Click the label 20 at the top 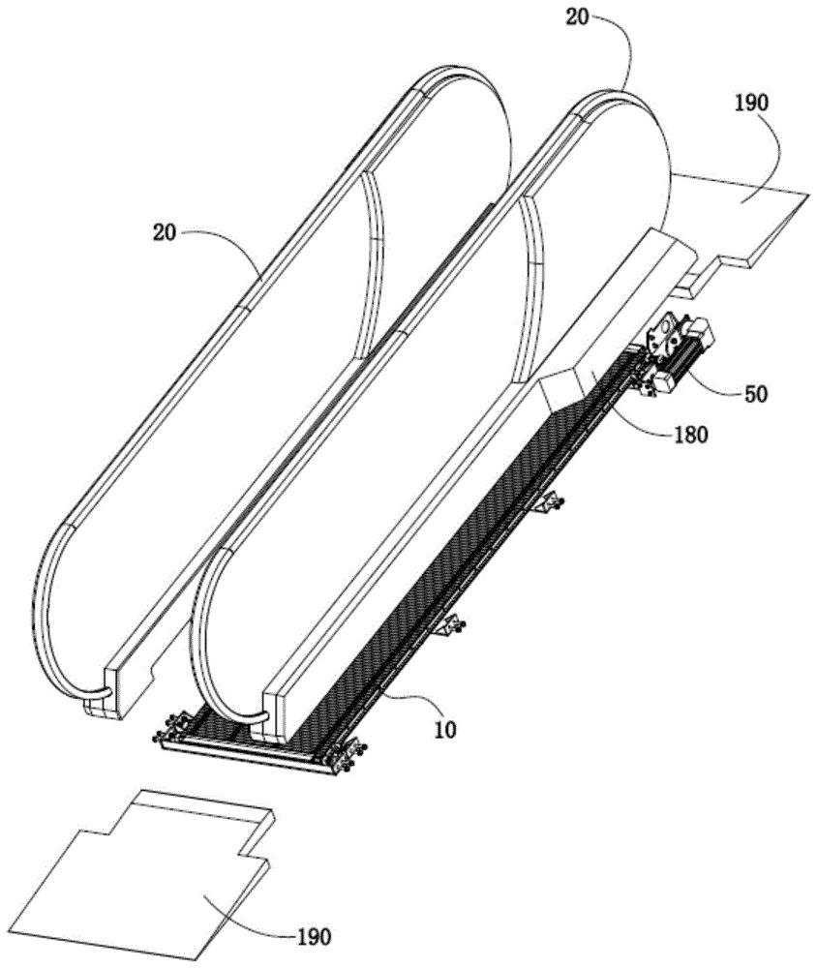579,18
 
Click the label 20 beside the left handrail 165,232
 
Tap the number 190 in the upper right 751,102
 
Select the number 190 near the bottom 313,936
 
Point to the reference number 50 755,393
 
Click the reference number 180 690,434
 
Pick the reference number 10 444,729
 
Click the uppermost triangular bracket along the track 547,501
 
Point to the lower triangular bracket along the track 450,626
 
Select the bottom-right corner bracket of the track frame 345,756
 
